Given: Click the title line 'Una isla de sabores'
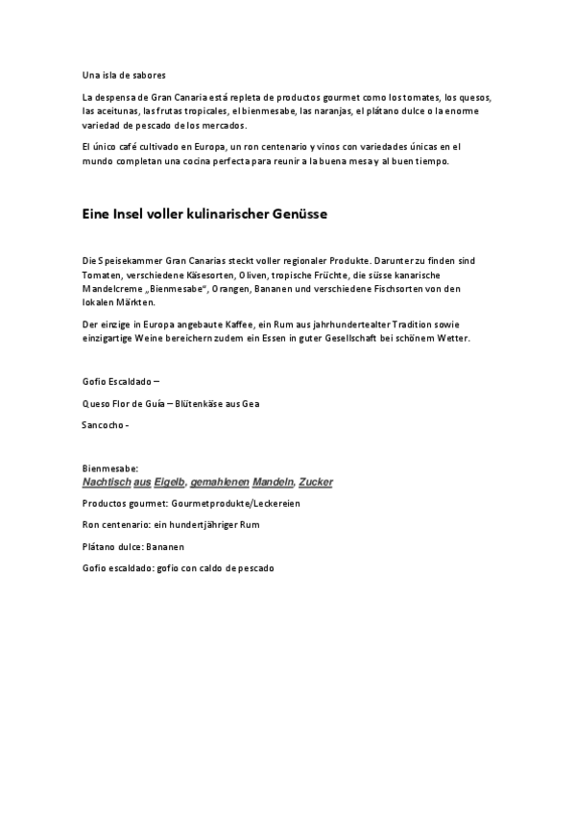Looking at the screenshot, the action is [123, 75].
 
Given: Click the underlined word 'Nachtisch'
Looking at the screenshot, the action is [106, 481].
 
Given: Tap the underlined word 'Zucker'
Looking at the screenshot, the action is [316, 481].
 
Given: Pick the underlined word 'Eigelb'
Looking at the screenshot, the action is [170, 481].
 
